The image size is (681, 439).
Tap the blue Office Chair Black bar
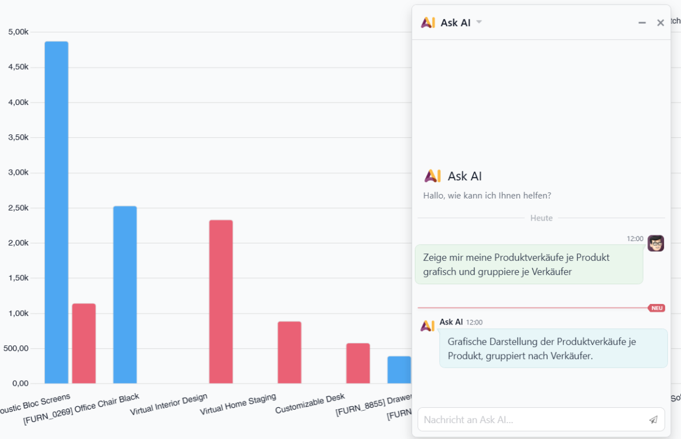(x=125, y=294)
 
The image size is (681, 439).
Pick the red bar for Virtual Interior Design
(x=221, y=301)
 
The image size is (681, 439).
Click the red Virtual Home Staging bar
(x=289, y=352)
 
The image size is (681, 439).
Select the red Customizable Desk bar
(x=358, y=363)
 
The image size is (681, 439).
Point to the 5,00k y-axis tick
(x=18, y=32)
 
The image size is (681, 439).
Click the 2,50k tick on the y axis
(x=18, y=208)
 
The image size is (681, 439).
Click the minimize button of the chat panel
(x=642, y=23)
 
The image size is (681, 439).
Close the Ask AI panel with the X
(x=661, y=23)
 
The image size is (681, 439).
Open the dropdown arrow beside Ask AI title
(x=479, y=22)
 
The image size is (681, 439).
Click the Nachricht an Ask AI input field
(x=531, y=420)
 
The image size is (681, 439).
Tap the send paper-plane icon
(x=654, y=420)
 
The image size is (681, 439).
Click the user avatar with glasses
(x=655, y=243)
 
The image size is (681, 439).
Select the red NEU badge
(x=657, y=308)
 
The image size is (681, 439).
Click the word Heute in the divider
(x=541, y=218)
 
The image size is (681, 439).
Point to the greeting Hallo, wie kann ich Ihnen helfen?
(x=487, y=196)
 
